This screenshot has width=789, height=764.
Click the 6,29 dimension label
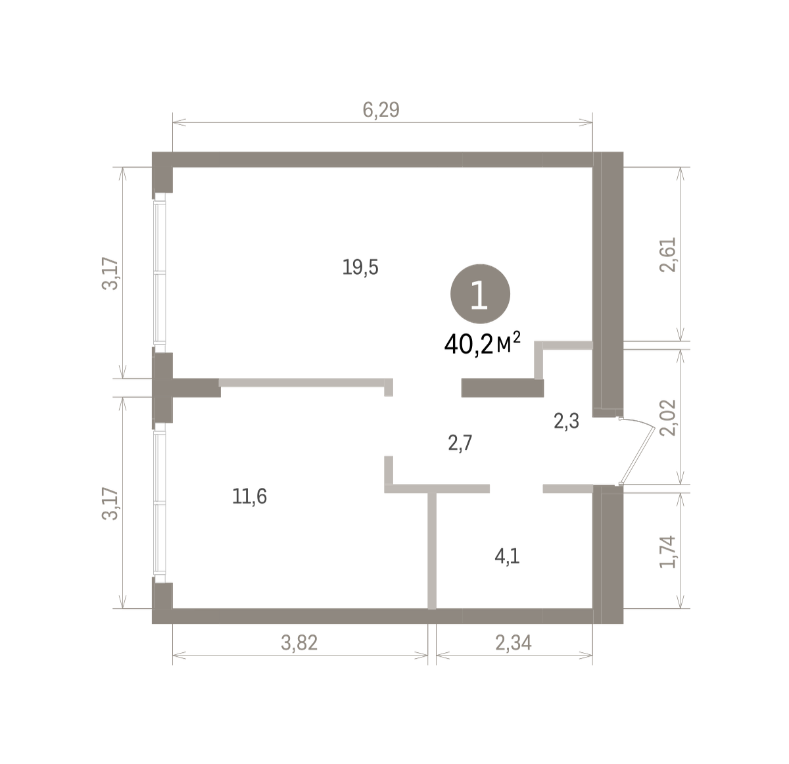click(x=381, y=110)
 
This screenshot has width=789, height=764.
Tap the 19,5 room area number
click(x=360, y=268)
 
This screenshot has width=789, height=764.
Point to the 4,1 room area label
click(x=507, y=556)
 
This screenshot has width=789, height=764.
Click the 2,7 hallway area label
click(x=460, y=443)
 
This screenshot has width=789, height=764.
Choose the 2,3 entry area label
click(x=566, y=421)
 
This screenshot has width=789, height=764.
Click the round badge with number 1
click(x=480, y=294)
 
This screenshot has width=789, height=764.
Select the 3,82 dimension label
click(x=299, y=643)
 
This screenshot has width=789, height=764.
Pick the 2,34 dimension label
click(x=514, y=643)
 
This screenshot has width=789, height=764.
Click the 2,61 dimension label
click(x=668, y=254)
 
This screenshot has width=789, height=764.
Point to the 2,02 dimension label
click(x=668, y=418)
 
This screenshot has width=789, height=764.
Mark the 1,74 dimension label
click(x=668, y=552)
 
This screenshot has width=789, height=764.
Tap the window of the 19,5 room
click(x=159, y=272)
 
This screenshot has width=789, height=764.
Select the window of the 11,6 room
click(x=159, y=503)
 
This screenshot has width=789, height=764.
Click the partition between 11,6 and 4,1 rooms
click(x=432, y=550)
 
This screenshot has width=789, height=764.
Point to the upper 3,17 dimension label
click(x=110, y=274)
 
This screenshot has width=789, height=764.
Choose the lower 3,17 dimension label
click(x=110, y=503)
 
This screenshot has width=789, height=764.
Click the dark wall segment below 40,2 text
click(x=502, y=388)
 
